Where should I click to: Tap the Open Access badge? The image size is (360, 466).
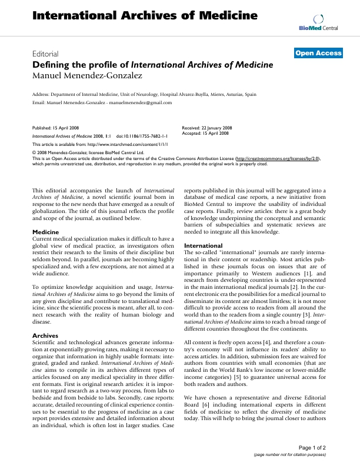pyautogui.click(x=318, y=53)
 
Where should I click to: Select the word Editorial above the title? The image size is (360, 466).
pyautogui.click(x=45, y=53)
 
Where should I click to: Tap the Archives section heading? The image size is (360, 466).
pyautogui.click(x=45, y=335)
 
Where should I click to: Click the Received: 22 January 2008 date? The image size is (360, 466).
pyautogui.click(x=206, y=127)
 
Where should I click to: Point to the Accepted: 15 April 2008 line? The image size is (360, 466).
pyautogui.click(x=205, y=132)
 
